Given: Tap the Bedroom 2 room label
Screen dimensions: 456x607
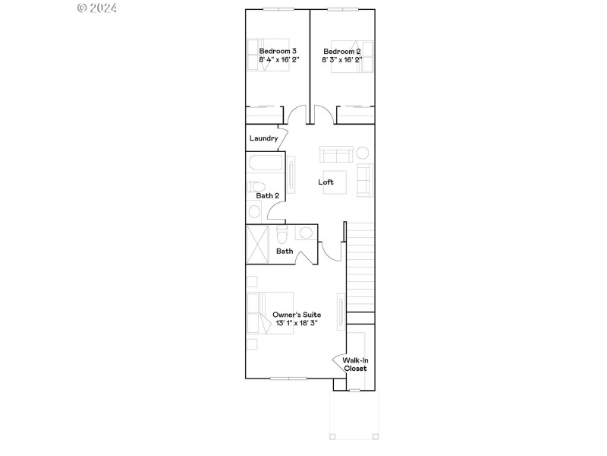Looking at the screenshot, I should point(341,51).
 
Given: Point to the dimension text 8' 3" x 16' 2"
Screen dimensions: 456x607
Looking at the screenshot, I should point(341,59).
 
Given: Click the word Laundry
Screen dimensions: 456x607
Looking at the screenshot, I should point(263,138).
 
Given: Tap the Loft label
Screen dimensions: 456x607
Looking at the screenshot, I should point(326,182).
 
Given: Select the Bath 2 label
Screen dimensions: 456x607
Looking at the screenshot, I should point(267,196).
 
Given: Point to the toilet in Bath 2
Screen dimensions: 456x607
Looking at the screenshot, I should point(256,187).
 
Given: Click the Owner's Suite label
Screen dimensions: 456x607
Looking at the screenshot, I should point(297,315).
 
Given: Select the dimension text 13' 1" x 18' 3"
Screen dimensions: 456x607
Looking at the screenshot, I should point(297,323).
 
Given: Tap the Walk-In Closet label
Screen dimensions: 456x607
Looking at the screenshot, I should point(355,364).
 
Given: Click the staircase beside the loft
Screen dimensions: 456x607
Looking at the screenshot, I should point(361,266).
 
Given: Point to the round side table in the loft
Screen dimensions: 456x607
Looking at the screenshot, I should point(363,153).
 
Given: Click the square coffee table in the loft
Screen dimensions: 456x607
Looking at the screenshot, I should point(335,182).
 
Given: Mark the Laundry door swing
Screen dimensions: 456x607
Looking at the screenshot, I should point(281,139).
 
